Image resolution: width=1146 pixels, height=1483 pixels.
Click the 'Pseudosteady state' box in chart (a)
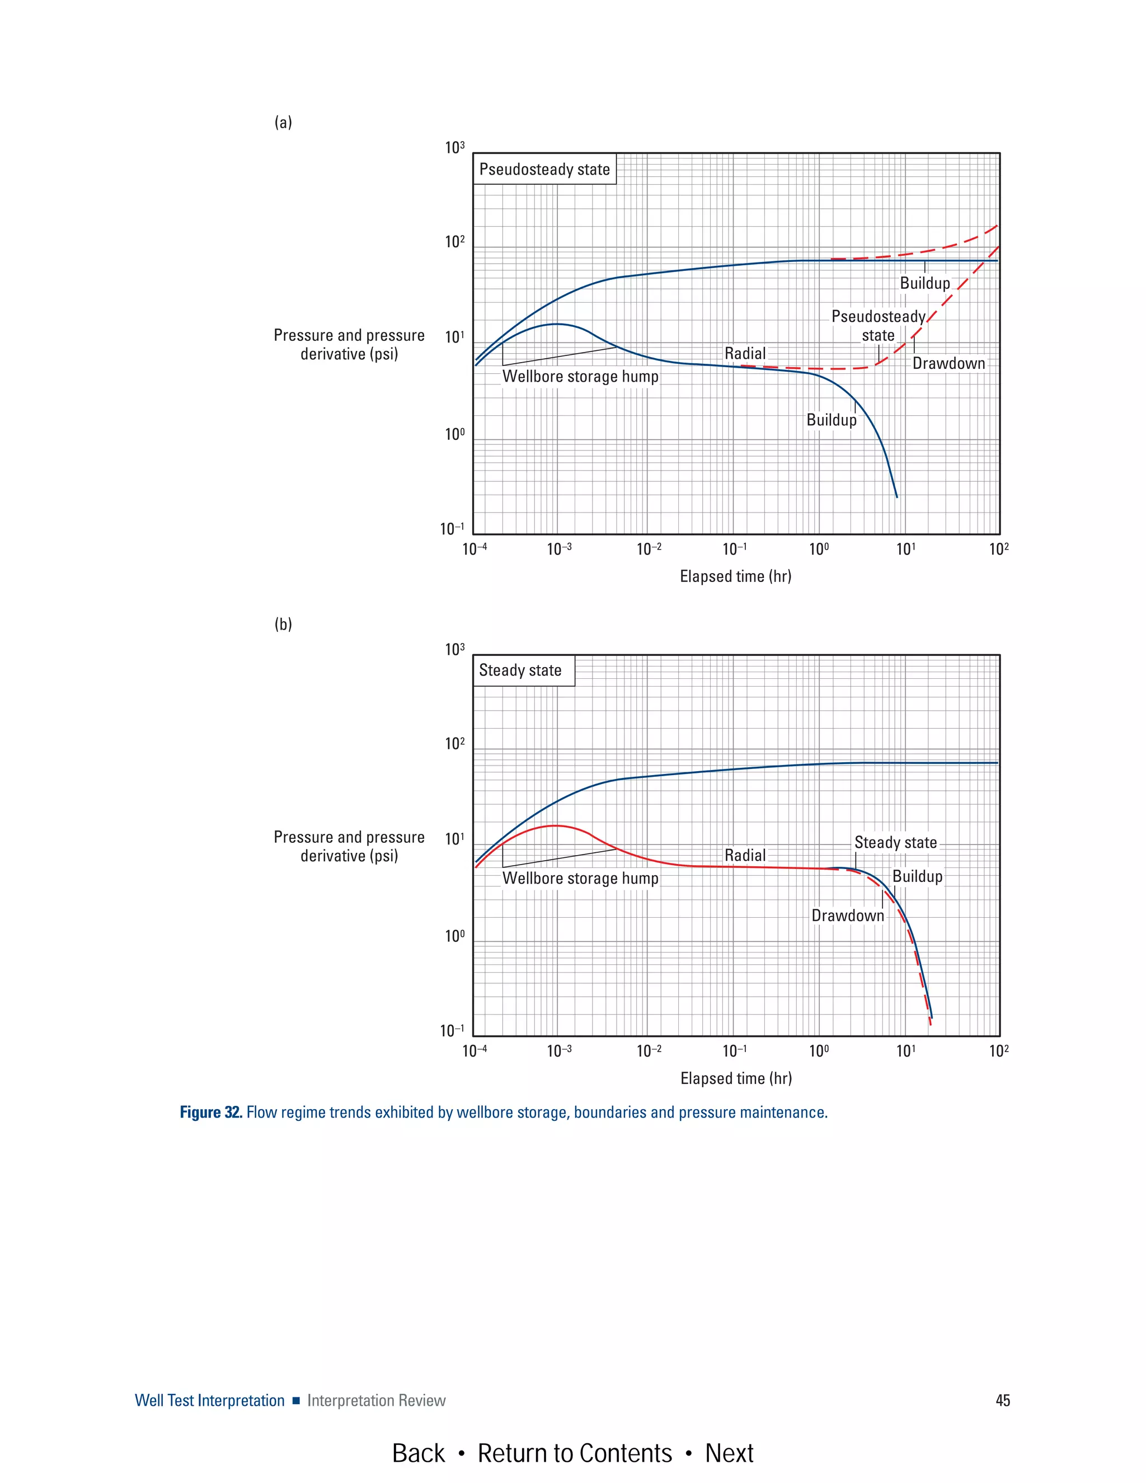(x=544, y=169)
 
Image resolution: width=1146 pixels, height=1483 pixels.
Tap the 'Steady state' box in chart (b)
(x=521, y=670)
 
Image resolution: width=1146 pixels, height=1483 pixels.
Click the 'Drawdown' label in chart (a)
(x=948, y=363)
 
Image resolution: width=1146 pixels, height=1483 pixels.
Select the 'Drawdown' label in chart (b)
(x=848, y=916)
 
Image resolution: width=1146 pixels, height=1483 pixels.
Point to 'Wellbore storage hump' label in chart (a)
(x=580, y=376)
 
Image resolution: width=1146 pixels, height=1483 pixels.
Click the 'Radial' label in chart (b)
(x=745, y=855)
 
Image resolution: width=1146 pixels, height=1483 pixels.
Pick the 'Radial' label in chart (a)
(x=745, y=353)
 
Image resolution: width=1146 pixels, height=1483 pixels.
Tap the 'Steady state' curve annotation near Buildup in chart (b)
(x=895, y=842)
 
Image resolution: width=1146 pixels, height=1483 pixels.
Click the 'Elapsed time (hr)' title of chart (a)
(x=735, y=576)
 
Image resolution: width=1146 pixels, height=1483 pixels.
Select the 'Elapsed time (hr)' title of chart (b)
(x=736, y=1078)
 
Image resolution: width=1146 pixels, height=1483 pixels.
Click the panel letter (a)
(x=283, y=122)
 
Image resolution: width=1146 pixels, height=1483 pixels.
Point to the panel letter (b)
(x=283, y=624)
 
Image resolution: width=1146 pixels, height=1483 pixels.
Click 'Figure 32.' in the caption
(x=210, y=1113)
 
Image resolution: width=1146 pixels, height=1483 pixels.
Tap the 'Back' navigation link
(x=418, y=1453)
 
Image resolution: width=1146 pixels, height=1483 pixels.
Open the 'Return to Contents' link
(x=574, y=1453)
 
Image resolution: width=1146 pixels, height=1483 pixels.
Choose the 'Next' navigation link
(x=729, y=1453)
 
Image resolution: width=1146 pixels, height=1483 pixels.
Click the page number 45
(x=1002, y=1400)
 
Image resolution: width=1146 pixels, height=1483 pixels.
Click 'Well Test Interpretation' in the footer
(x=210, y=1400)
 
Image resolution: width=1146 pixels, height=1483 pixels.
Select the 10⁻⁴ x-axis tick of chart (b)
(x=474, y=1051)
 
